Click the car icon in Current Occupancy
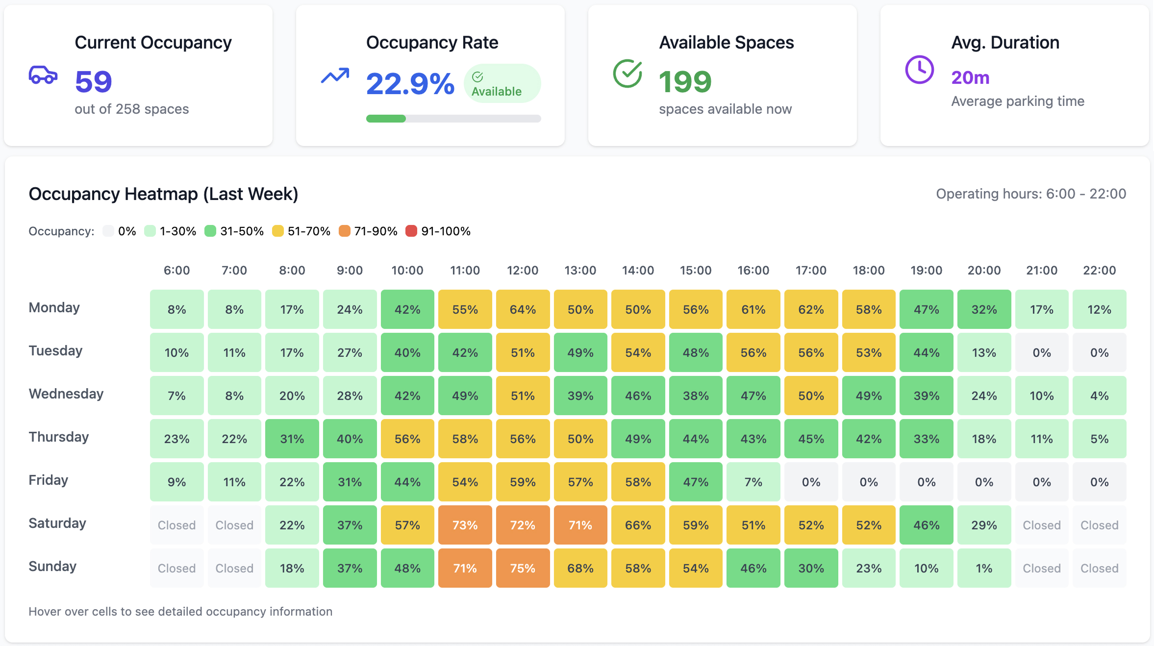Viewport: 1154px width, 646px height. tap(43, 75)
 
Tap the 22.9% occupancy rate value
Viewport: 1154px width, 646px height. tap(410, 83)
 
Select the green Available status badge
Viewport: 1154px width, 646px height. tap(502, 84)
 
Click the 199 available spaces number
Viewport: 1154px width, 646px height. tap(685, 81)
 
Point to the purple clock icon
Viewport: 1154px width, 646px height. tap(919, 70)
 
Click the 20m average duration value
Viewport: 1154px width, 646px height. tap(970, 77)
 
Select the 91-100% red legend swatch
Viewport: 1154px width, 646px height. tap(411, 231)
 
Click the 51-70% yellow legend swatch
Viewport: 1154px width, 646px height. tap(278, 231)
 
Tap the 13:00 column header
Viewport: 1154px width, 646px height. tap(580, 270)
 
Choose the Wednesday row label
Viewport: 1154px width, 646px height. tap(66, 394)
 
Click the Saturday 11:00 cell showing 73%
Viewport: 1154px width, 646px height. tap(465, 525)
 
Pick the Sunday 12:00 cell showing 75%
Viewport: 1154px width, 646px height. tap(523, 568)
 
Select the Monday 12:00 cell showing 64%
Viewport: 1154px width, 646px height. tap(523, 309)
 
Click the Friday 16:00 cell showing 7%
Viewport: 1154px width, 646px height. tap(753, 482)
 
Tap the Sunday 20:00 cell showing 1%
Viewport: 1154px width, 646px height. tap(984, 568)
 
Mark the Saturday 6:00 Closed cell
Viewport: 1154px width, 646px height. tap(176, 525)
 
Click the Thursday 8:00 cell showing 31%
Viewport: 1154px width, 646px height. tap(292, 439)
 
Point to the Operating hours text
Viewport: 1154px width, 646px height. tap(1030, 194)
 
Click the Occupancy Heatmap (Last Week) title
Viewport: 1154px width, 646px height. tap(163, 194)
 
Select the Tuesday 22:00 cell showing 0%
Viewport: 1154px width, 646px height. tap(1099, 352)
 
